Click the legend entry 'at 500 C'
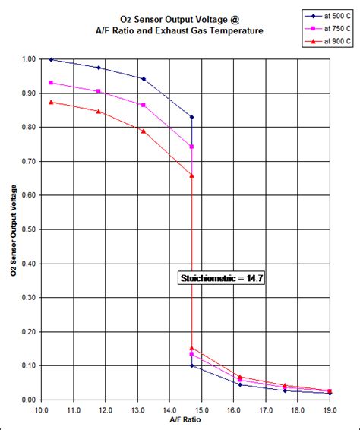[x=329, y=14]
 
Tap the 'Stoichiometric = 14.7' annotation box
[x=220, y=279]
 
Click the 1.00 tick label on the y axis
[x=29, y=58]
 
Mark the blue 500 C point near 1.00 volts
[x=51, y=59]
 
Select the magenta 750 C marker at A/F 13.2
[x=144, y=105]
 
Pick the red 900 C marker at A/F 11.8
[x=99, y=111]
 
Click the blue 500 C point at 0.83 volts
[x=192, y=117]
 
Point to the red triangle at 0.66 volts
[x=192, y=175]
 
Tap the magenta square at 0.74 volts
[x=192, y=147]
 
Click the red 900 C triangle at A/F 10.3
[x=51, y=102]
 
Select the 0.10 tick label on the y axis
[x=29, y=365]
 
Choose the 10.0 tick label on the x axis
[x=41, y=410]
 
